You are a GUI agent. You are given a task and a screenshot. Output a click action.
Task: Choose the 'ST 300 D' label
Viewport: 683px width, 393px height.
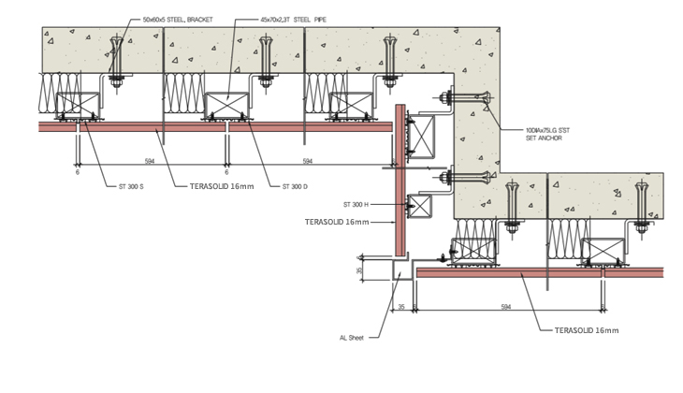coord(296,186)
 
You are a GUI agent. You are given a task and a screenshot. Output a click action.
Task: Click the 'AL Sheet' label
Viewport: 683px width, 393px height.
coord(352,338)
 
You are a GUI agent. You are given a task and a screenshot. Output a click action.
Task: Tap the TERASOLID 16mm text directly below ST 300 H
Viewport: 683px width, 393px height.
coord(338,223)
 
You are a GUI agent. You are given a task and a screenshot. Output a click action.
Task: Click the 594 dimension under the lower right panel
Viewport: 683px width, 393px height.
coord(506,306)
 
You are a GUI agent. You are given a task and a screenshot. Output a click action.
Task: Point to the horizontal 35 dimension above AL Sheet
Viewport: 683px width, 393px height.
coord(401,306)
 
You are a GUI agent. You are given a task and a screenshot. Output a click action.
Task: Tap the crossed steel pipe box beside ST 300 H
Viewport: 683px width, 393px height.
coord(418,206)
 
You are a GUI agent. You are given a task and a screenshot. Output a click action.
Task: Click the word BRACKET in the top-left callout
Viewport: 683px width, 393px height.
coord(197,18)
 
